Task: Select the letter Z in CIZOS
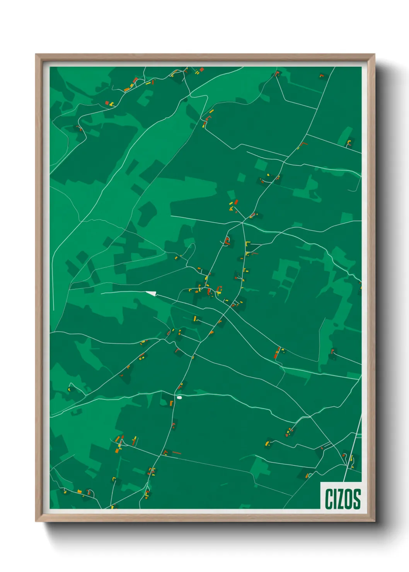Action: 342,499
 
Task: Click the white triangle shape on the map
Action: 151,293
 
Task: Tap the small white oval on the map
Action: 179,397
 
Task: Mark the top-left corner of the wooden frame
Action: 36,55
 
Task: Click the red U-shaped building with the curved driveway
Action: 227,241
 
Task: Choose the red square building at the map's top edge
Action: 201,70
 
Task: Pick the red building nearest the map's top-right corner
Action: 321,75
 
